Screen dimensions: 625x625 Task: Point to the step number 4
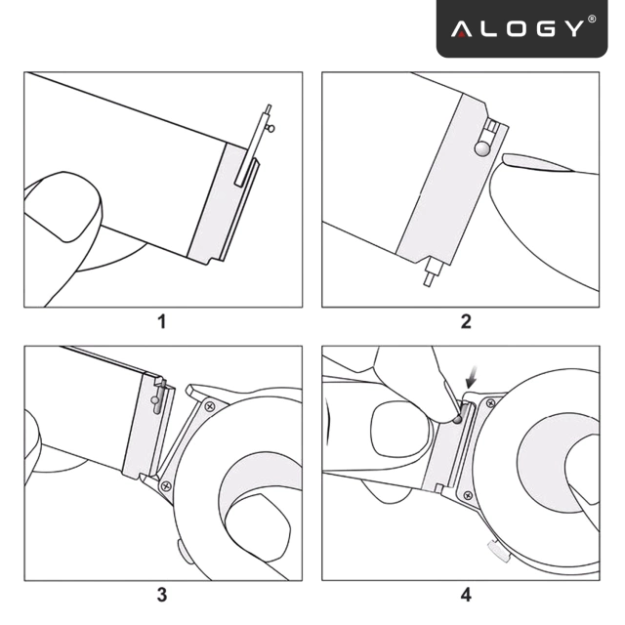click(x=465, y=594)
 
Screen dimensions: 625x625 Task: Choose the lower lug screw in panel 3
click(x=166, y=483)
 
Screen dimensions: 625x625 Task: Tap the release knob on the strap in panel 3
click(x=155, y=398)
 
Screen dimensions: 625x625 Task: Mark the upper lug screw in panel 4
click(x=491, y=402)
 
